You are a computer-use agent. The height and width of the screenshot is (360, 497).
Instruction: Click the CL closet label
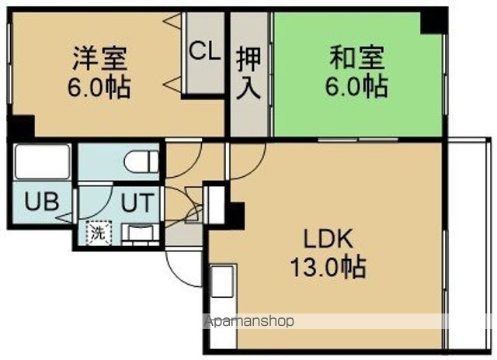tap(203, 53)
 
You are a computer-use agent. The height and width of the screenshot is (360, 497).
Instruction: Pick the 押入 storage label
tap(248, 71)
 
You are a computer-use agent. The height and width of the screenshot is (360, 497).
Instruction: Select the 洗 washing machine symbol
tap(98, 230)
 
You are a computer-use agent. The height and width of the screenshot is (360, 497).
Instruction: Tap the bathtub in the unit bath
tap(43, 162)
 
